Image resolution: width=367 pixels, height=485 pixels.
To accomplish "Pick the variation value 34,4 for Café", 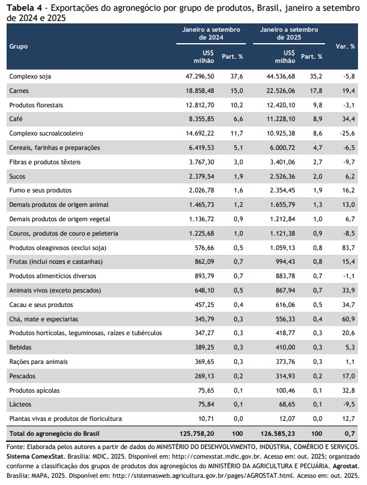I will point(349,119).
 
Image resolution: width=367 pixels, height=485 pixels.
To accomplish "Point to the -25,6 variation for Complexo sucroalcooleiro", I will point(348,133).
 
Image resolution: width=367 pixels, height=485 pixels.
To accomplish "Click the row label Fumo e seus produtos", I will point(40,191).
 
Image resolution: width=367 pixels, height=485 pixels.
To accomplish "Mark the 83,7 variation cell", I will point(349,248).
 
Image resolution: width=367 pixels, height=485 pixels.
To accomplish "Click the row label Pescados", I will point(22,376).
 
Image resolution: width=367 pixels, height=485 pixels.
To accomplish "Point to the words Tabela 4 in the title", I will point(23,8).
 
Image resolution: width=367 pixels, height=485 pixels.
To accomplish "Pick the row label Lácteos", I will point(21,405).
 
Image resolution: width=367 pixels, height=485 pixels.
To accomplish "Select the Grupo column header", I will point(19,46).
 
